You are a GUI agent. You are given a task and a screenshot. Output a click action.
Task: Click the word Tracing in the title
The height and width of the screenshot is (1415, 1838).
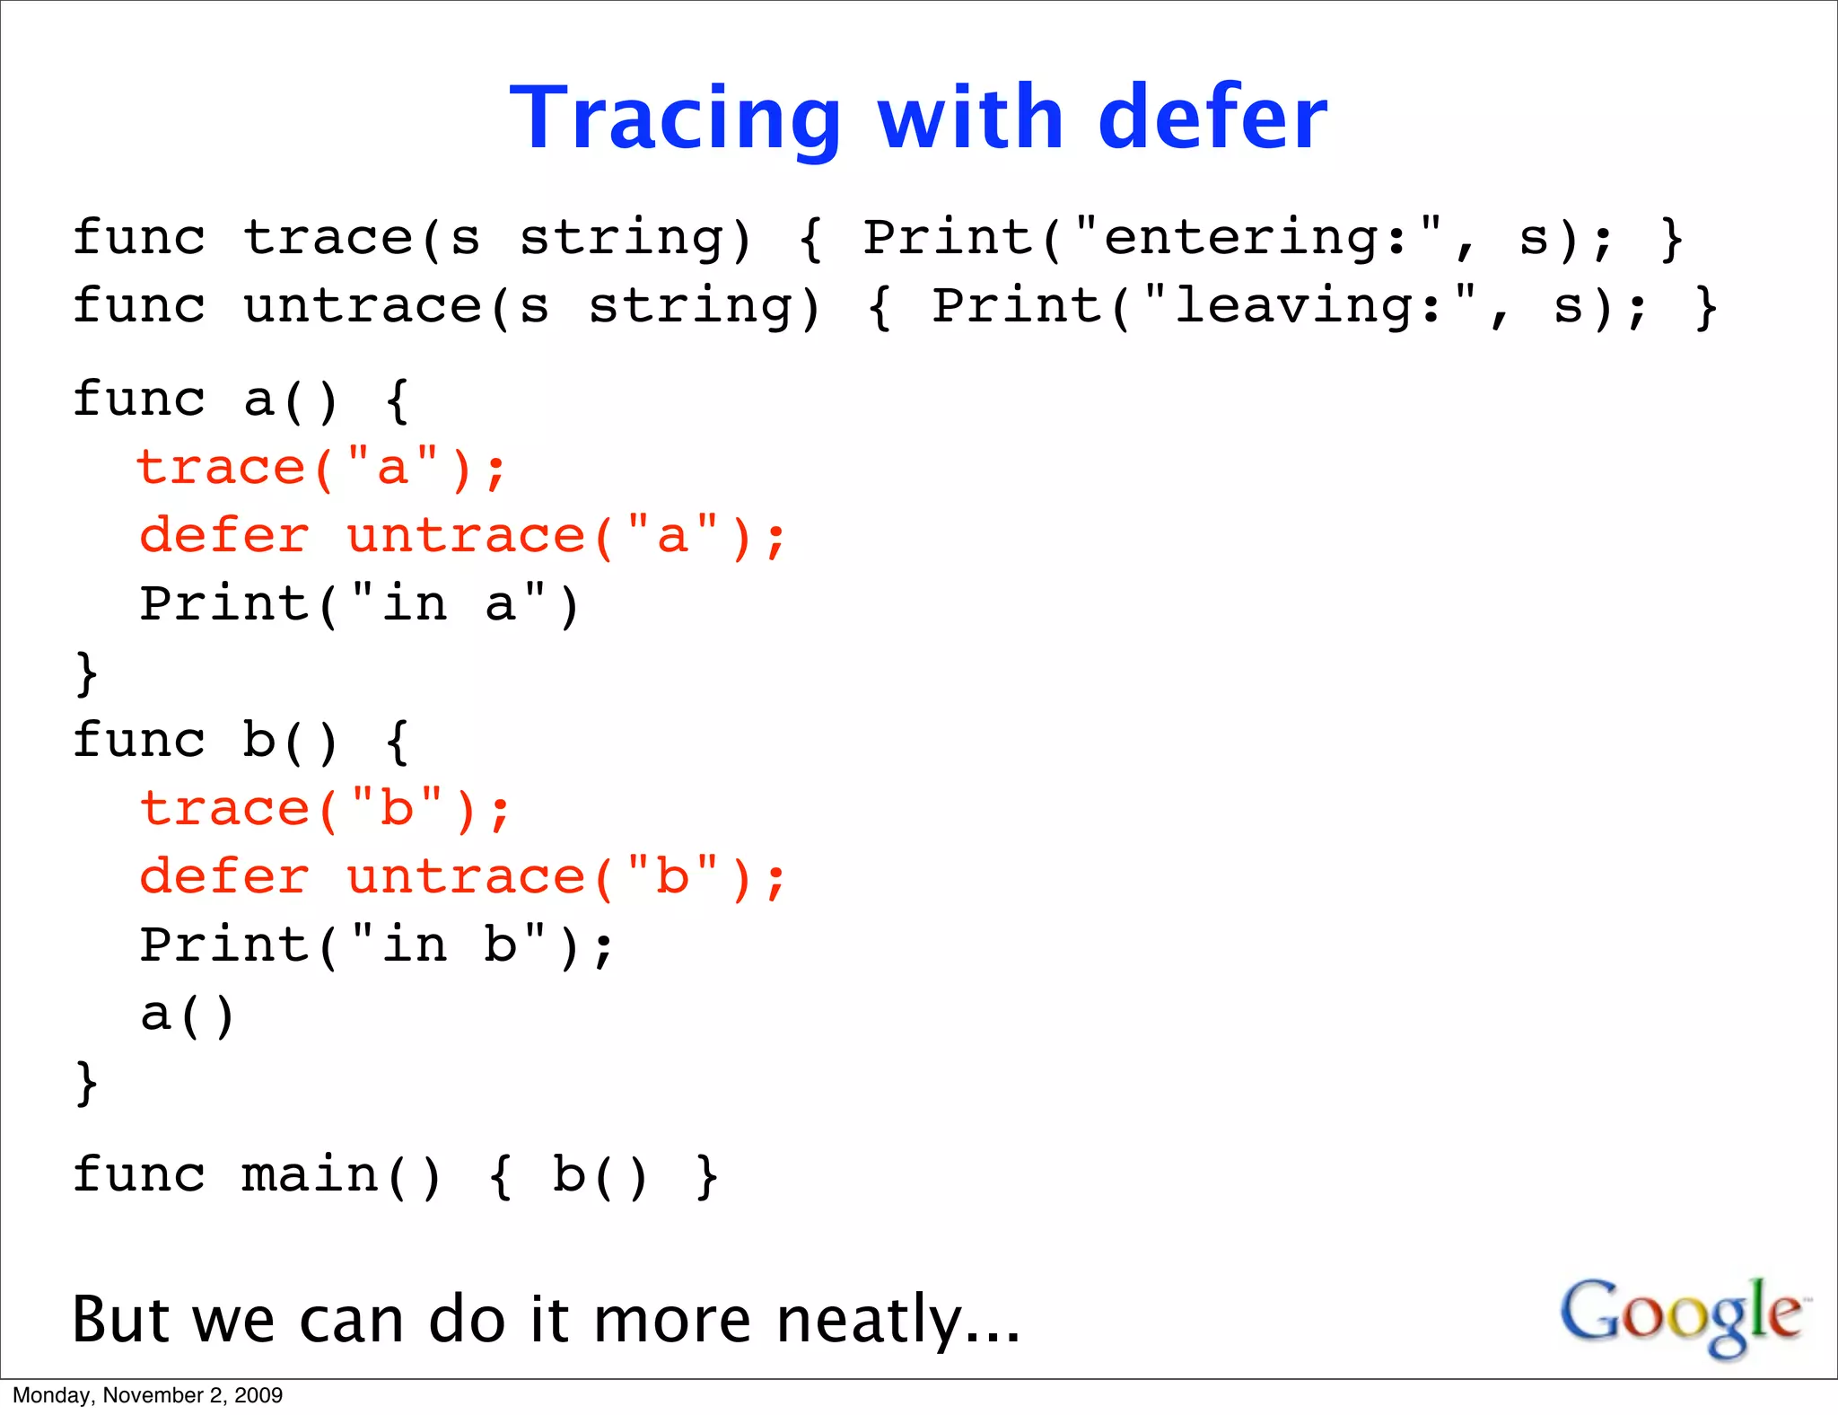(675, 119)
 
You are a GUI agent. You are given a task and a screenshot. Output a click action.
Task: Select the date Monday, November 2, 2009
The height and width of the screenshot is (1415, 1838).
(147, 1395)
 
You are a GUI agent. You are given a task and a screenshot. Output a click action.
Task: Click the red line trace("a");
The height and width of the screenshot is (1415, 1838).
(321, 469)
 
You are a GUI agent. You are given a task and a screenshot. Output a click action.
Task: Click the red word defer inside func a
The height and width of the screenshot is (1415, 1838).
(224, 536)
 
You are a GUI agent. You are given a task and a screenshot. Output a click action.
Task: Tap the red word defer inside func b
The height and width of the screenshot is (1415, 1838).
(224, 877)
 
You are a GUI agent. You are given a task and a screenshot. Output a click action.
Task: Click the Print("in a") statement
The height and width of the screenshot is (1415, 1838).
(359, 604)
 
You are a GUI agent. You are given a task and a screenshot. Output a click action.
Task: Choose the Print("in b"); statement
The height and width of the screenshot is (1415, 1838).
(377, 945)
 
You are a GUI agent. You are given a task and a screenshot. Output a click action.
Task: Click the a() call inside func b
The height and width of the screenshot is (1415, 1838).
(187, 1015)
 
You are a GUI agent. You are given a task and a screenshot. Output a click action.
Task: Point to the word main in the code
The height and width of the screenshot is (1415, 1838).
(309, 1175)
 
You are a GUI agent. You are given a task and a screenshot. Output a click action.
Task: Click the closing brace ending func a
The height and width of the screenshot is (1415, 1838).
(86, 673)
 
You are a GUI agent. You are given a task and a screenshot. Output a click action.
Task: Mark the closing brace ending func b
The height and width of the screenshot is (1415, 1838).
(86, 1083)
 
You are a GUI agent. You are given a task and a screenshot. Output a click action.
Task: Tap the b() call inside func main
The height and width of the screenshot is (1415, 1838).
(599, 1175)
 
